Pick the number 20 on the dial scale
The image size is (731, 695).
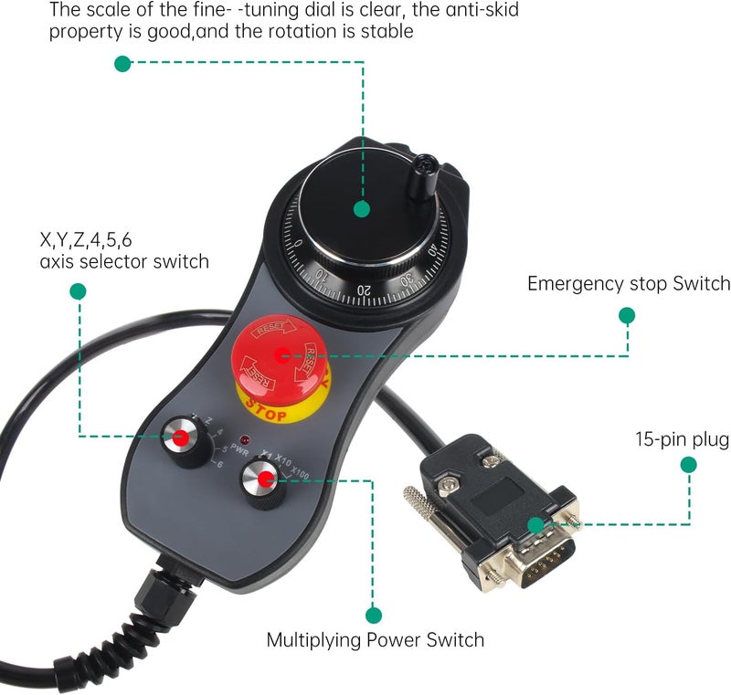pos(365,289)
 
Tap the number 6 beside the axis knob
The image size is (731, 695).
pos(217,464)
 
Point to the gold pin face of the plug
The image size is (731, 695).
pos(548,557)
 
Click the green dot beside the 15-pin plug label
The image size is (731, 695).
pos(689,465)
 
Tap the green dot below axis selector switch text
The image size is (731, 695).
pos(78,291)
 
